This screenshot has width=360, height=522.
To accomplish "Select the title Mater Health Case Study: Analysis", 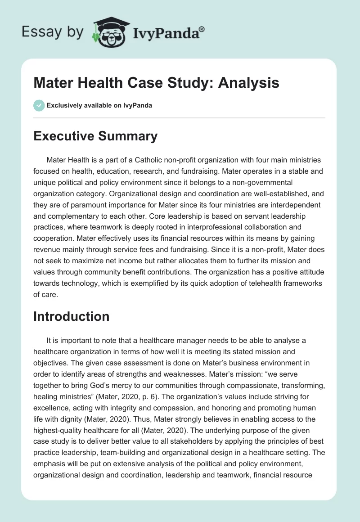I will [156, 83].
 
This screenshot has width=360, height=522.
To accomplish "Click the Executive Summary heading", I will [95, 136].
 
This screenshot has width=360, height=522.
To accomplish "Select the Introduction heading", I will [72, 316].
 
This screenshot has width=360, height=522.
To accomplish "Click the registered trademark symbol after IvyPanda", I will [202, 28].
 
